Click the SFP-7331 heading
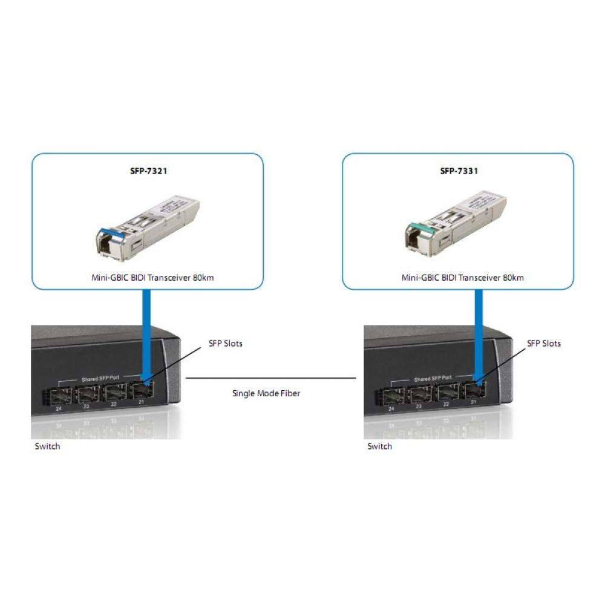click(459, 171)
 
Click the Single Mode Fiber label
click(266, 393)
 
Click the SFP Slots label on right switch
click(544, 344)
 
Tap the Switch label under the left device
click(47, 446)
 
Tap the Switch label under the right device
click(380, 446)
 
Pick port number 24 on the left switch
click(59, 409)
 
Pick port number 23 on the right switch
click(419, 407)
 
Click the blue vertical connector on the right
click(478, 333)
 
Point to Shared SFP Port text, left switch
click(102, 379)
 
